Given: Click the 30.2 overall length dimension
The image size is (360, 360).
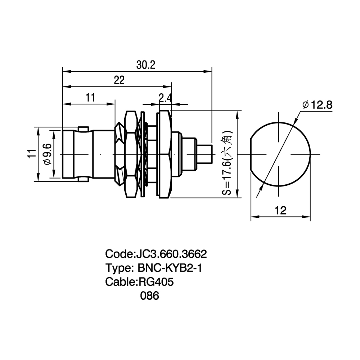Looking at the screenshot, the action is [146, 65].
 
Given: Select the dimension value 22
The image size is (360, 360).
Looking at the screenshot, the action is [119, 80].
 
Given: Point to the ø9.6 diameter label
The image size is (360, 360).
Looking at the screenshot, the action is [47, 154].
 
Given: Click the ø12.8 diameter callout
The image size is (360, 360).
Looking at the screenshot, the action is [317, 105].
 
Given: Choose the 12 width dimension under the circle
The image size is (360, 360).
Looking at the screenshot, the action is [280, 210].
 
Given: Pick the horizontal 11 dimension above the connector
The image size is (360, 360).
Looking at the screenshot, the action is [90, 98].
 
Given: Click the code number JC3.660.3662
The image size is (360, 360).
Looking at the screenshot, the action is [171, 254].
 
